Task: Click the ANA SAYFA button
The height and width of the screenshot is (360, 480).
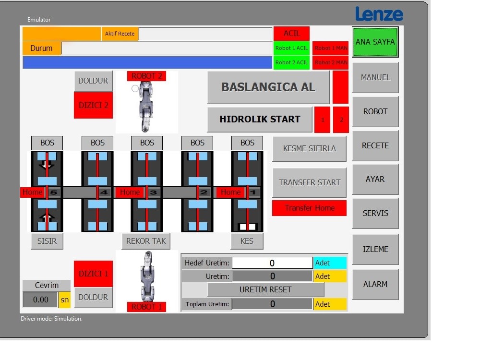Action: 375,42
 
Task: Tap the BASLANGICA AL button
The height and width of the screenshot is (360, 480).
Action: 268,87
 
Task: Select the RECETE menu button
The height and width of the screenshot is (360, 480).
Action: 375,145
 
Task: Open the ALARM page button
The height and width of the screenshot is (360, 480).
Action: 375,284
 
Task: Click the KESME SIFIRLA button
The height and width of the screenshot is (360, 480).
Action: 309,148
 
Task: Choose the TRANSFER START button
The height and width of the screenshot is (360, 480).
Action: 309,182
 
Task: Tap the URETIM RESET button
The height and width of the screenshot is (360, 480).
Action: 265,289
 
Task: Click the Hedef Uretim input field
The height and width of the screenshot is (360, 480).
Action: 272,263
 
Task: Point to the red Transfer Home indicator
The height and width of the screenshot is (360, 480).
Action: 309,208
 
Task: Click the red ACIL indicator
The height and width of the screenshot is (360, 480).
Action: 291,33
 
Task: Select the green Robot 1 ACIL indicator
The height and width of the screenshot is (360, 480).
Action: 291,48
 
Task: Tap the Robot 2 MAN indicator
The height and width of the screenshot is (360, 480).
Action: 331,62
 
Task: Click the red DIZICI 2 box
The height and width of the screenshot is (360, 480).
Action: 93,105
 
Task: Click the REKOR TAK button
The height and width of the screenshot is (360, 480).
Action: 146,241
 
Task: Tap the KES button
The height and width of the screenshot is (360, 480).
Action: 247,241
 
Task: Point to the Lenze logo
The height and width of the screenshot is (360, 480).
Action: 379,14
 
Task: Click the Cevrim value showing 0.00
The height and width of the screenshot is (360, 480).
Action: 40,300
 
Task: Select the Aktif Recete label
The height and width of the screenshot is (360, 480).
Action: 120,34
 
